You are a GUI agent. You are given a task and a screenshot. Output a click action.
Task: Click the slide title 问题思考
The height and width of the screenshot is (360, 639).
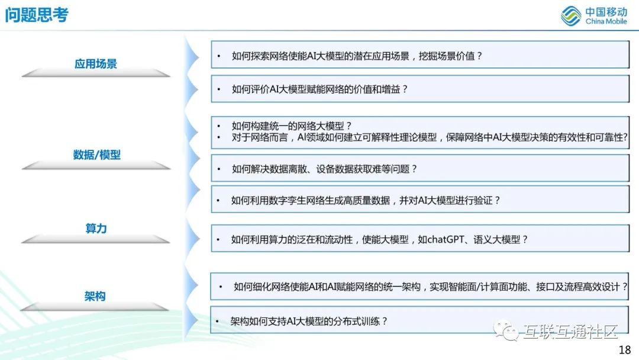click(x=37, y=15)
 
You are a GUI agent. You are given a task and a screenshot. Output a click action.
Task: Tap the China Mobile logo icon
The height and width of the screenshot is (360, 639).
click(x=571, y=15)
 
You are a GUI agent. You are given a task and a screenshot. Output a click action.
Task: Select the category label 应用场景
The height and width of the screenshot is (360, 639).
click(x=96, y=64)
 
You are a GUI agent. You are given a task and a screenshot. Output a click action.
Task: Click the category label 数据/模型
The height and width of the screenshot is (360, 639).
click(x=97, y=155)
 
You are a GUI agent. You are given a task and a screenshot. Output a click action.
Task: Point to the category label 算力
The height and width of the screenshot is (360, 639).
click(x=96, y=229)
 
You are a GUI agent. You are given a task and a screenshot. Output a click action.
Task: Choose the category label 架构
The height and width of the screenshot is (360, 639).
click(x=95, y=296)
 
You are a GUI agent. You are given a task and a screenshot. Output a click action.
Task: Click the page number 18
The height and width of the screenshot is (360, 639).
click(x=624, y=349)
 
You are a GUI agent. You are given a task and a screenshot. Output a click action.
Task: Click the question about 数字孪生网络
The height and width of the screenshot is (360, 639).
click(x=366, y=200)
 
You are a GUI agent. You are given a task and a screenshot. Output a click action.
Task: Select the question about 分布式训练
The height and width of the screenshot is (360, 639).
click(x=309, y=321)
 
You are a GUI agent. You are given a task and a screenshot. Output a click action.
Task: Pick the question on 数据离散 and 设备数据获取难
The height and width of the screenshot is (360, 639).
click(x=324, y=169)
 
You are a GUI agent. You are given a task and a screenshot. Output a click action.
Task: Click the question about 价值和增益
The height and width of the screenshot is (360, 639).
click(x=320, y=89)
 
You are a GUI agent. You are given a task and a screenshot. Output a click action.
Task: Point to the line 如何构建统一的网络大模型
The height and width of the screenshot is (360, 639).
click(x=292, y=126)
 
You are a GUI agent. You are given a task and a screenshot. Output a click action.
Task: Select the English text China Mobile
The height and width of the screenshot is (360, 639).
click(x=606, y=22)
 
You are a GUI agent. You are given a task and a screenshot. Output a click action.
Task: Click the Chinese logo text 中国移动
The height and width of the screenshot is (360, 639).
click(x=606, y=11)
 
